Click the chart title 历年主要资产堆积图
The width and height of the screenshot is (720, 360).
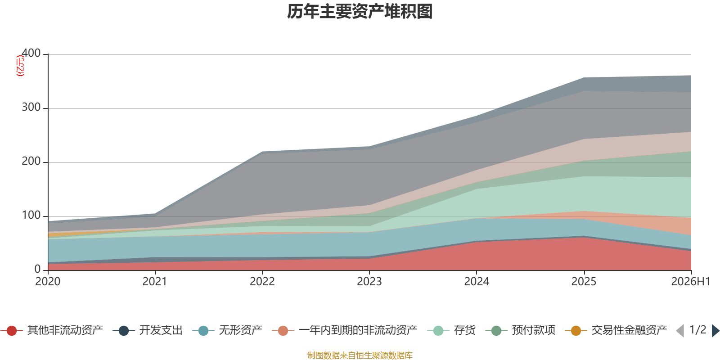[360, 12]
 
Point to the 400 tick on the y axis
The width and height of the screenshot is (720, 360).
[31, 53]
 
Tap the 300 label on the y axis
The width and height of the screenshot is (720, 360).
[31, 107]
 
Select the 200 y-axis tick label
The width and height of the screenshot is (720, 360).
[31, 161]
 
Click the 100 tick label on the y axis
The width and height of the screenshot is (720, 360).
[31, 215]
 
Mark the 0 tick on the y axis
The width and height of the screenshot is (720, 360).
[37, 269]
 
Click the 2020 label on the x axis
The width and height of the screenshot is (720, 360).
[48, 282]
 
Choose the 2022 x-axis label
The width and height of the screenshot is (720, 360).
[262, 282]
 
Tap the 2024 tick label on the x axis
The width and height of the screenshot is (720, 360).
[477, 282]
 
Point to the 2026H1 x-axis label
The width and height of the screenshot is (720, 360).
[691, 282]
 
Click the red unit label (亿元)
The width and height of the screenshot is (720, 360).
[20, 66]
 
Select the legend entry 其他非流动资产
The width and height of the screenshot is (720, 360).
[52, 330]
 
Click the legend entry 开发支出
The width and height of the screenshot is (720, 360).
[148, 330]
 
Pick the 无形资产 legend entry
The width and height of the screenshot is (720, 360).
[228, 330]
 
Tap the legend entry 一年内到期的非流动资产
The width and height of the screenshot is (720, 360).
[345, 330]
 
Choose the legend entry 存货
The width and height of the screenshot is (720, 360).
[452, 330]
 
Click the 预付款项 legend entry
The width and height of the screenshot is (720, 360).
[521, 330]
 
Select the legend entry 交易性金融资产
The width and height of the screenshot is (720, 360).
[616, 330]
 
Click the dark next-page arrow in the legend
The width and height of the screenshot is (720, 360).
[715, 331]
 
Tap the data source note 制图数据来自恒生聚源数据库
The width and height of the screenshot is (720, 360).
[360, 355]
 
